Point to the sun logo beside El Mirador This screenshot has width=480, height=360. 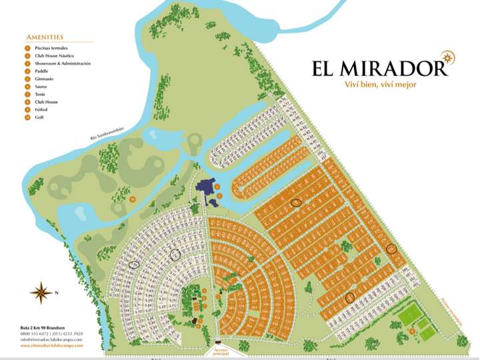click(443, 59)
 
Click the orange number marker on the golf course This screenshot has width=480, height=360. click(132, 199)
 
